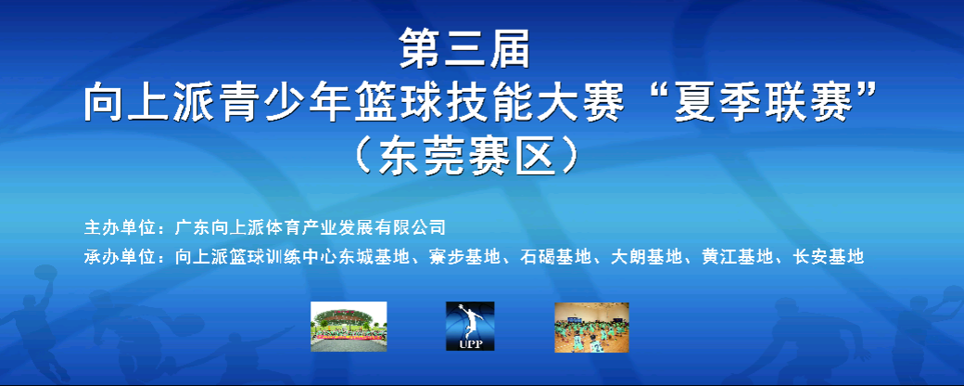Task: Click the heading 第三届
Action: click(x=464, y=48)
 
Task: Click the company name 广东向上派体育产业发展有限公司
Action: click(x=310, y=227)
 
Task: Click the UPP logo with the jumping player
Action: click(x=470, y=327)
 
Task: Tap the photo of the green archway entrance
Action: click(x=349, y=327)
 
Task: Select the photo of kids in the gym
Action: click(x=591, y=328)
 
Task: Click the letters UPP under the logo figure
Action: click(x=471, y=344)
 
